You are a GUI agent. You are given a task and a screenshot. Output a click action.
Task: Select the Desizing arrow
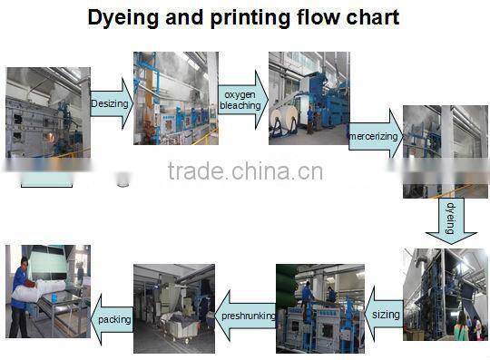112,104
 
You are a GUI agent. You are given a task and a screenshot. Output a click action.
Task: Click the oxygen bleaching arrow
240,100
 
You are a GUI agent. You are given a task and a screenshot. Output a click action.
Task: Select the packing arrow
113,318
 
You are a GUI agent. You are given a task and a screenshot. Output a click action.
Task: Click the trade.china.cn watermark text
245,170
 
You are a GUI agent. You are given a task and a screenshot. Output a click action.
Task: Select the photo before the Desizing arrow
48,112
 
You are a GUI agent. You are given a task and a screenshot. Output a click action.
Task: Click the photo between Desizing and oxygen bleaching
175,98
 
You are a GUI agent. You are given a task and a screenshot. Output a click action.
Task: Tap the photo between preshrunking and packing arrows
174,308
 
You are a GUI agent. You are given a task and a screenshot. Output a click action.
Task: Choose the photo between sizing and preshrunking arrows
319,308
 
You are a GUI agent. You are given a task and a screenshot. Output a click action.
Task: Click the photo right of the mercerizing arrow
446,150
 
